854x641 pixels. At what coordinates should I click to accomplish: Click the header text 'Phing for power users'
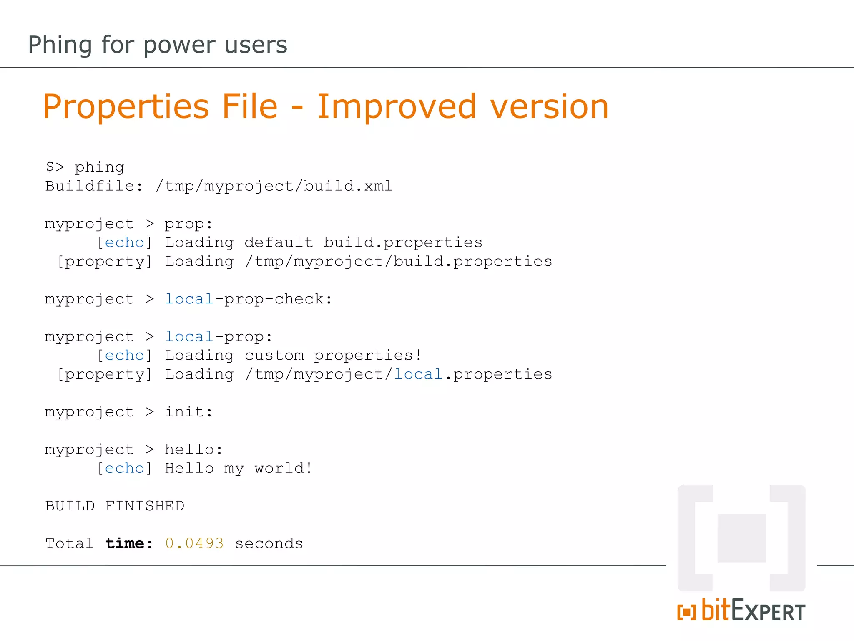click(158, 45)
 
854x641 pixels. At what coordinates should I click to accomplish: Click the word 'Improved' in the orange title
click(396, 106)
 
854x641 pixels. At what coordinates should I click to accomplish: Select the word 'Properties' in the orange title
click(126, 107)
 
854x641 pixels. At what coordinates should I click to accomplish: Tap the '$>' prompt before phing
click(55, 167)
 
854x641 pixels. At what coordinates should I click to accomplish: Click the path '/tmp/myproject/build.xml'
click(274, 186)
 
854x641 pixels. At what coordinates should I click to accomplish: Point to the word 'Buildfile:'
click(94, 186)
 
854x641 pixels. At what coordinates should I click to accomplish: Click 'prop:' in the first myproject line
click(188, 224)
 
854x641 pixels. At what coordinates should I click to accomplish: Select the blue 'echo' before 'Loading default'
click(124, 242)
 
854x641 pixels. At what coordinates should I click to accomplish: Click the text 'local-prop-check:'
click(249, 299)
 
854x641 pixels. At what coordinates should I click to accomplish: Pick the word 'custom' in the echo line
click(274, 356)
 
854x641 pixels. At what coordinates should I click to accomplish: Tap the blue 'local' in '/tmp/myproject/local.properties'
click(418, 374)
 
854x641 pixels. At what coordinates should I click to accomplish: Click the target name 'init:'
click(188, 412)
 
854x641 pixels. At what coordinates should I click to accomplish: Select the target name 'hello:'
click(193, 449)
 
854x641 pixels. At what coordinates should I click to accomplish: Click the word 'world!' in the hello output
click(284, 468)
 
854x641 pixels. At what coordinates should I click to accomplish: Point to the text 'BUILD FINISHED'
click(115, 506)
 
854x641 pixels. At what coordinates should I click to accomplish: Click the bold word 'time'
click(125, 543)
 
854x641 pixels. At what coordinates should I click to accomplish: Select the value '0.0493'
click(194, 543)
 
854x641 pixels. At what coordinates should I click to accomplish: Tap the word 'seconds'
click(269, 543)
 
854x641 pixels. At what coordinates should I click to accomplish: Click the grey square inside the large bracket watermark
click(741, 538)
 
